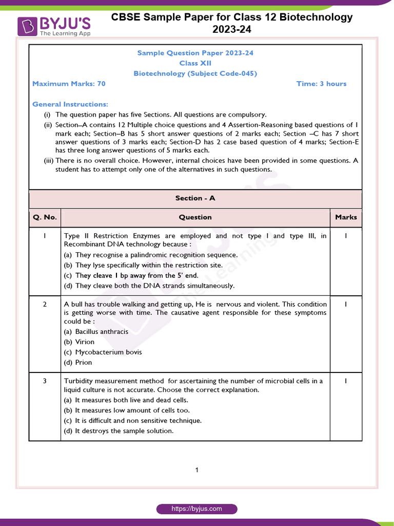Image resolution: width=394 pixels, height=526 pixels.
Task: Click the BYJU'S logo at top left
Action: click(x=54, y=26)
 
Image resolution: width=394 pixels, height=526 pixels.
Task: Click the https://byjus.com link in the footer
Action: click(x=197, y=509)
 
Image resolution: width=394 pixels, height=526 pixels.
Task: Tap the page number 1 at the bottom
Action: click(x=197, y=469)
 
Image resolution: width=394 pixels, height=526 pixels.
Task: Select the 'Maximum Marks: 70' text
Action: click(x=69, y=84)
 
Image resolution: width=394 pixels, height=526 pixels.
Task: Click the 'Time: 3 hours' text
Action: click(x=321, y=84)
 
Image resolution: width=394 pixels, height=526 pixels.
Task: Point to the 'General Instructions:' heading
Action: click(x=70, y=104)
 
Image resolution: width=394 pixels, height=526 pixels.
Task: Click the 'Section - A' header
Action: click(x=195, y=198)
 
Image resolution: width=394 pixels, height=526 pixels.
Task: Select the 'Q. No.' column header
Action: click(x=45, y=217)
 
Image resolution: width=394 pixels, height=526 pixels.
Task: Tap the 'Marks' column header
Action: click(x=346, y=217)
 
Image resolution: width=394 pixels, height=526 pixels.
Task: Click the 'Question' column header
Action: click(x=195, y=217)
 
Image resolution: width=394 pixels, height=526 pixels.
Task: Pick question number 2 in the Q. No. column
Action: click(x=45, y=304)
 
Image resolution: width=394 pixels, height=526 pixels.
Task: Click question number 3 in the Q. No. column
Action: click(x=45, y=381)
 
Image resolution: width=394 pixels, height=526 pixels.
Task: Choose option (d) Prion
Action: click(x=78, y=362)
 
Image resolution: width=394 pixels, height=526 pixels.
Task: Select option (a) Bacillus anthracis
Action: click(x=96, y=331)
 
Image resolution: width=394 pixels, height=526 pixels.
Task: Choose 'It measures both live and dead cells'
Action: click(x=126, y=400)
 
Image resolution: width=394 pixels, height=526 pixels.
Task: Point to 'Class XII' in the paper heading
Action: click(x=195, y=63)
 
